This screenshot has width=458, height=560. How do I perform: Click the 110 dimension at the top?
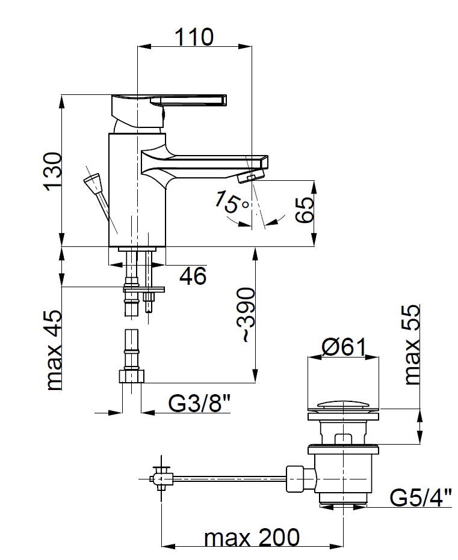(x=194, y=37)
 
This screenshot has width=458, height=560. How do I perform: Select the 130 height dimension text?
(x=52, y=171)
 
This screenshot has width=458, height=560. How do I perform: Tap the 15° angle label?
(x=231, y=201)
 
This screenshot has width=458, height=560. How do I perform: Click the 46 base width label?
(x=193, y=276)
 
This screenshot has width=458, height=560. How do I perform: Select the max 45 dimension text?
(x=54, y=350)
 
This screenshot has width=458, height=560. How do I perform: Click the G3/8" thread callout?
(x=199, y=404)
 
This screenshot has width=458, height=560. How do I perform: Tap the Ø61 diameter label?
(x=344, y=347)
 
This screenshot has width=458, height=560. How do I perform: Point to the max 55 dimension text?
(x=412, y=344)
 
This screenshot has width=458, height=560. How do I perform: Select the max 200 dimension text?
(x=252, y=538)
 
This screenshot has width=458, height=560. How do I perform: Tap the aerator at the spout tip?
(x=251, y=175)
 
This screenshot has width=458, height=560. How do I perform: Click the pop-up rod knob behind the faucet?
(x=92, y=183)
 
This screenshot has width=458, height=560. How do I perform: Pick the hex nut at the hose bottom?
(x=131, y=376)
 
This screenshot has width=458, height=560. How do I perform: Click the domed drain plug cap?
(x=343, y=404)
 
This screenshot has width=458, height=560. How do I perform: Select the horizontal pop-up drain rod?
(x=229, y=478)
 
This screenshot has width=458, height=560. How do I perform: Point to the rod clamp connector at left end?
(x=161, y=478)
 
